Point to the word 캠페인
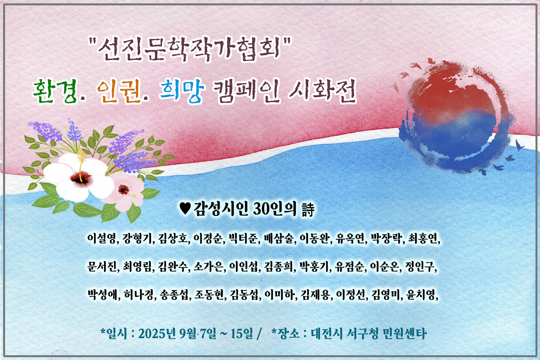[x=246, y=91]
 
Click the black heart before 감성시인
[x=185, y=209]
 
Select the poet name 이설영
[x=102, y=238]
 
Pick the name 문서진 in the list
[x=102, y=266]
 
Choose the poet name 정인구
[x=420, y=266]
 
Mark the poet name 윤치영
[x=421, y=294]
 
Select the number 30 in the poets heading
[x=261, y=209]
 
